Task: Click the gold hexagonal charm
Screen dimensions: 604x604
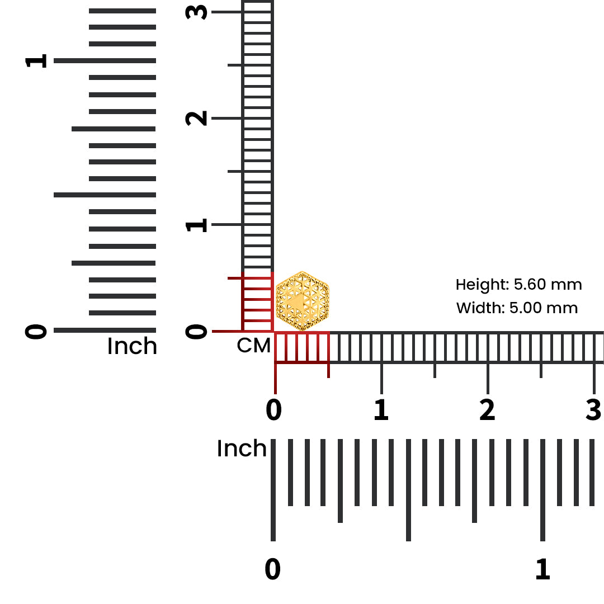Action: point(303,301)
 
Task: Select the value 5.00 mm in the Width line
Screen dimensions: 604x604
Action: point(544,308)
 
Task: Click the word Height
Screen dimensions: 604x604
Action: point(483,285)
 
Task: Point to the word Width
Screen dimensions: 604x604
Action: point(480,308)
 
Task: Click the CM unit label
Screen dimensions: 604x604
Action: point(253,346)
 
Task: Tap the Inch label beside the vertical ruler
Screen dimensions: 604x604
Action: point(132,346)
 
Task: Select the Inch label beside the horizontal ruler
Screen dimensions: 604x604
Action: point(242,449)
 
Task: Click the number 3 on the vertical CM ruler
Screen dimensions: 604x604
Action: point(196,12)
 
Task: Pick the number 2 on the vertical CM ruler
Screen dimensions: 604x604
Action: point(196,118)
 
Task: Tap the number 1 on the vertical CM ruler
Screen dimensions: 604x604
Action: point(196,225)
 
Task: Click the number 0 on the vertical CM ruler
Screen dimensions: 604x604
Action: point(196,331)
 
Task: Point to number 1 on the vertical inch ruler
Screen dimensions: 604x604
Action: point(36,61)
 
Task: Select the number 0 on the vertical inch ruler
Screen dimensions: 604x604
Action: point(36,331)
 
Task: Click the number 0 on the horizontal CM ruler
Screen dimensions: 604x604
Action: point(274,409)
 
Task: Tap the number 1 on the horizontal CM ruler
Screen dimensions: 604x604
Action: point(381,409)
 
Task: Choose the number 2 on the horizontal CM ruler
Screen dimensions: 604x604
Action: point(487,409)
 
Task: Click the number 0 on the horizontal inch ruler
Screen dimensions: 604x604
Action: point(273,569)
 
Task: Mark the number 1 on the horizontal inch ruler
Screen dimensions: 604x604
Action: point(542,569)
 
